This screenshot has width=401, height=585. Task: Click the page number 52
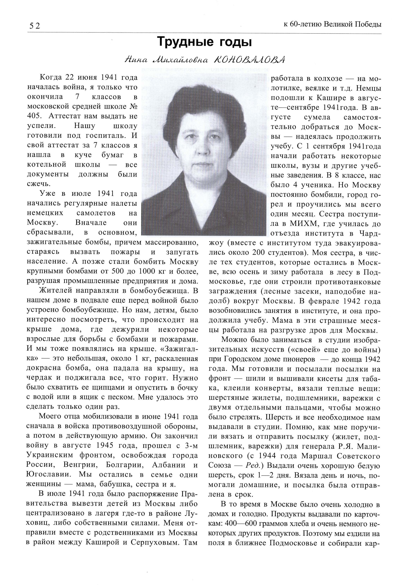coord(35,26)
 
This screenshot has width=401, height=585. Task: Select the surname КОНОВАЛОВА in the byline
coord(249,60)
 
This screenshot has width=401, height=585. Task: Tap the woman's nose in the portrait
coord(201,147)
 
